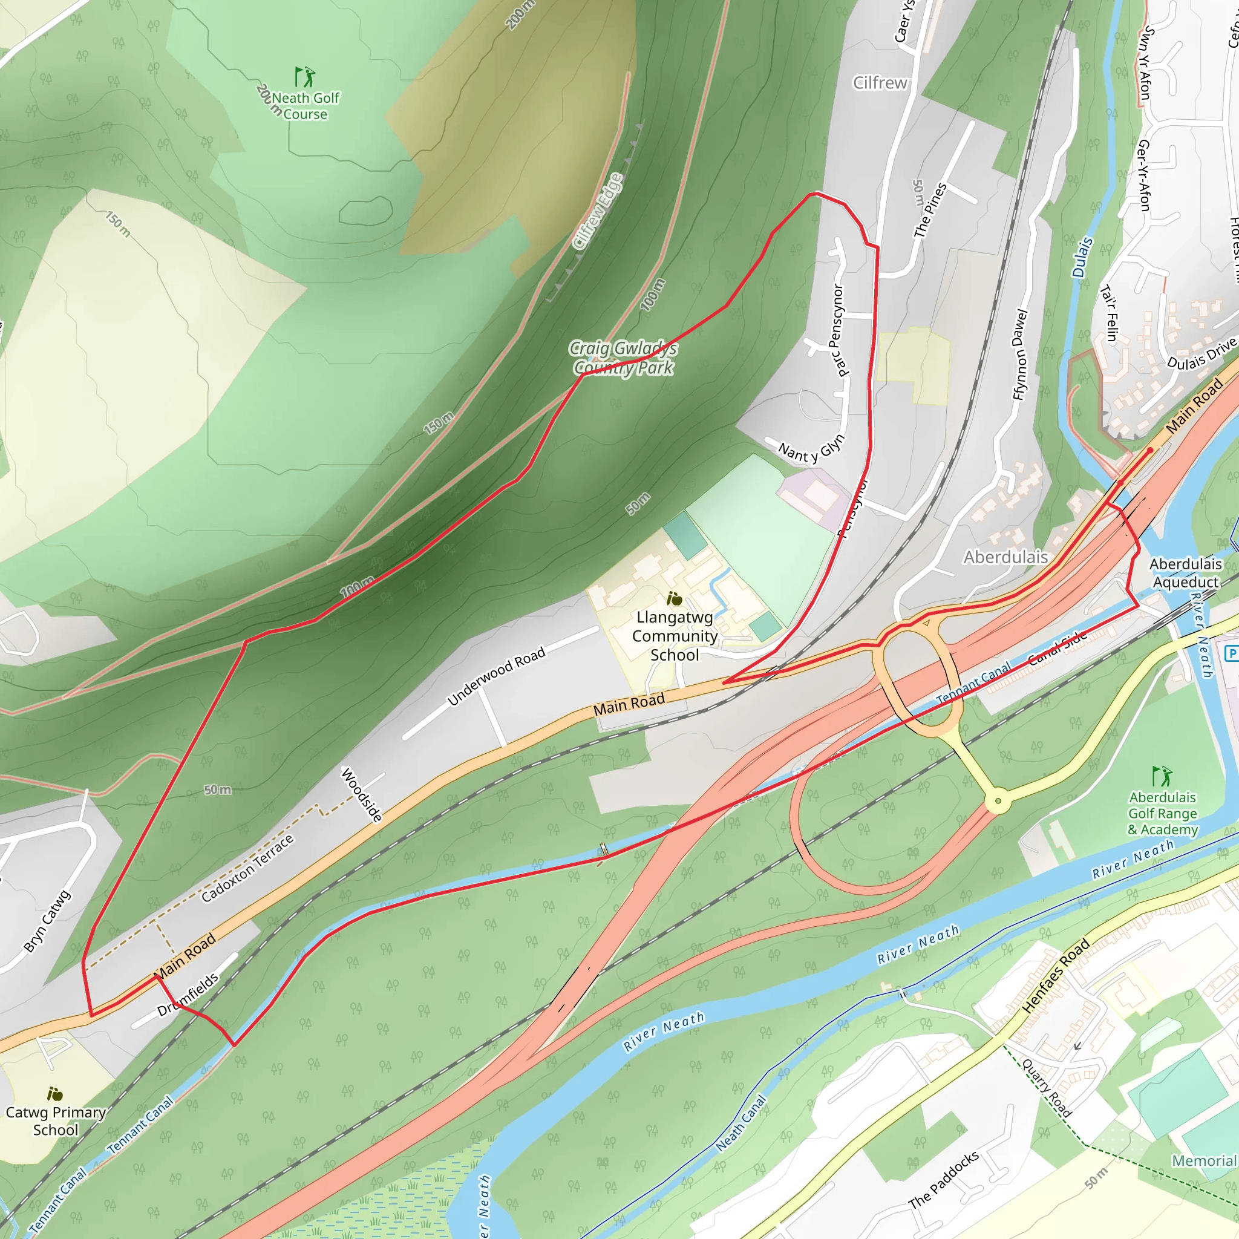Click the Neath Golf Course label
pos(306,106)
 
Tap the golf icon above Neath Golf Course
pos(305,77)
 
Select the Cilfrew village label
pos(880,83)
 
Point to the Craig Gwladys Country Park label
pos(623,358)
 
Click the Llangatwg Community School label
pos(675,636)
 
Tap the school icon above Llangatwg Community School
pos(674,598)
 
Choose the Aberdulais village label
pos(1005,557)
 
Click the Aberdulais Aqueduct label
pos(1185,573)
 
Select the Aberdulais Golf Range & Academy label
pos(1163,813)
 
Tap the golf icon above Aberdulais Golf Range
pos(1162,776)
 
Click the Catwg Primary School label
pos(56,1121)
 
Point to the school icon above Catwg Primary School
pos(55,1093)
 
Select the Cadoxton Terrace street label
pos(247,868)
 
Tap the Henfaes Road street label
pos(1056,975)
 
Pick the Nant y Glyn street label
pos(812,448)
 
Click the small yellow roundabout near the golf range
pos(998,801)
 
